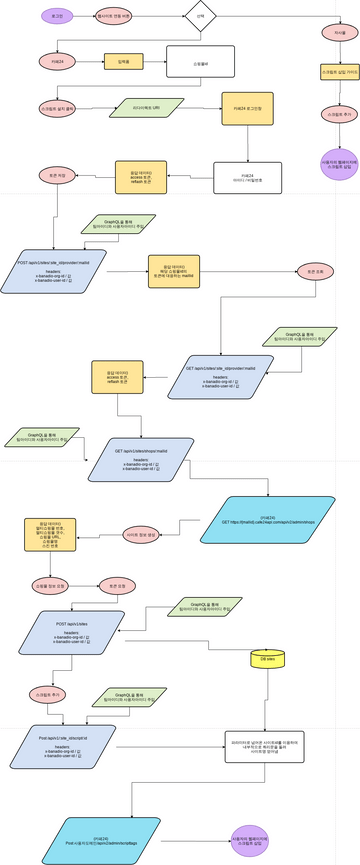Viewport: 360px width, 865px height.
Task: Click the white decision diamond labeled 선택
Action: tap(200, 17)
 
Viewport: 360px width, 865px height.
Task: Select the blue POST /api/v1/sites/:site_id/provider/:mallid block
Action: tap(66, 272)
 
